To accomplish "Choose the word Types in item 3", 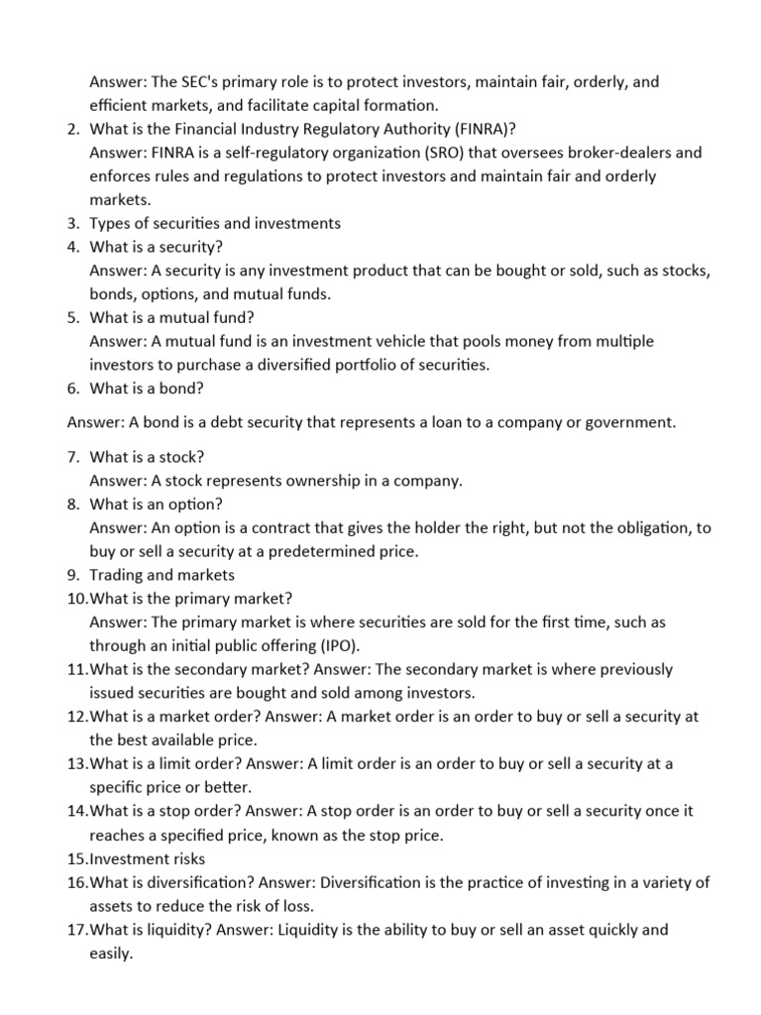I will pos(110,223).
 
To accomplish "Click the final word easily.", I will pos(111,953).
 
